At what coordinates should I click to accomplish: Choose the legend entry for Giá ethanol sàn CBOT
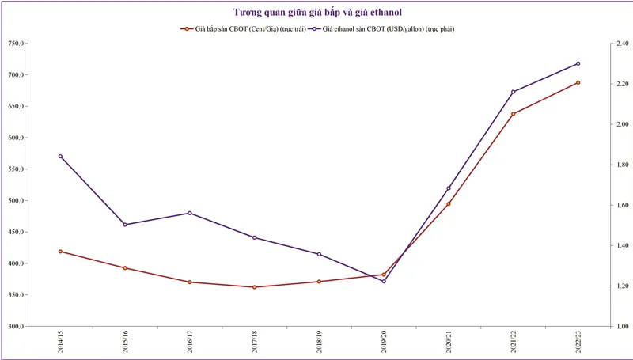388,28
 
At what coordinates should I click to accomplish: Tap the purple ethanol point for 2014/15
60,157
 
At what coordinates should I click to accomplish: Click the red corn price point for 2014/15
60,252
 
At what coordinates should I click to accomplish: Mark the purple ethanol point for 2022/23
578,63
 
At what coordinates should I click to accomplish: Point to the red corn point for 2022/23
578,82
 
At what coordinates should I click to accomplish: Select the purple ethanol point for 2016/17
190,213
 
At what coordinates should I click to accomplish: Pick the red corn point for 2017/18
254,287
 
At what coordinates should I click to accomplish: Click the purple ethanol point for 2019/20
384,281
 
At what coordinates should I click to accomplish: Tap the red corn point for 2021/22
513,114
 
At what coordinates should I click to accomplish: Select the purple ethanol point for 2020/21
449,188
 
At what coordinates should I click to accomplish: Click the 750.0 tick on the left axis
17,44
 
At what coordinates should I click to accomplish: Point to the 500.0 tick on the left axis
17,200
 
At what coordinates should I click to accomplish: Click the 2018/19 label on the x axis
319,341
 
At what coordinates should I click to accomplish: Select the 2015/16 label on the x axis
125,341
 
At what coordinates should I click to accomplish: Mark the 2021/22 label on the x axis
513,341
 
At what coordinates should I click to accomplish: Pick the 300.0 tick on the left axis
17,326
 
